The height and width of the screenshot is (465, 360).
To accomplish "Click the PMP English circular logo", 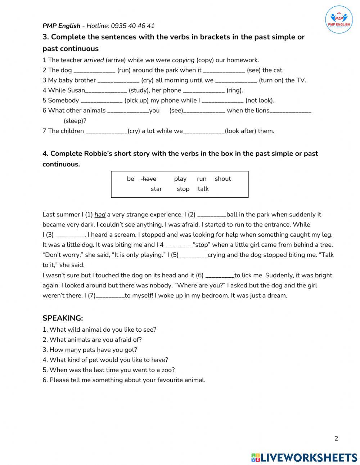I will click(x=339, y=19).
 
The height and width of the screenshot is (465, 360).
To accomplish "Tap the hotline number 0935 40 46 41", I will click(x=132, y=26).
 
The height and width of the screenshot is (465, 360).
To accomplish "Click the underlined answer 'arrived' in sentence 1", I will click(x=94, y=60).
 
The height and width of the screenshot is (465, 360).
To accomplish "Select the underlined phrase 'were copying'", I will click(x=175, y=60).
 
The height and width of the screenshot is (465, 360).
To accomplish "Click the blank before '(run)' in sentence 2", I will click(x=94, y=71).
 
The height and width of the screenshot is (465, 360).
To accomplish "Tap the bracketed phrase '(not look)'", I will click(x=260, y=100).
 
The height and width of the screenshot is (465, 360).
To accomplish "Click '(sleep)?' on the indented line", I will click(x=75, y=121).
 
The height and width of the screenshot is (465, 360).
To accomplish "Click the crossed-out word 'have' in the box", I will click(x=149, y=179).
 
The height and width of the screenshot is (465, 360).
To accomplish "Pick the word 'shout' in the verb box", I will click(x=222, y=179).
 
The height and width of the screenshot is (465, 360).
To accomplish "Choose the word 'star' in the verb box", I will click(x=156, y=189).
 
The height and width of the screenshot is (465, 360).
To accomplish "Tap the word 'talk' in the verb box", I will click(x=203, y=189).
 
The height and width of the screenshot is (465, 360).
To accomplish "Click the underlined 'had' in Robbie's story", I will click(x=100, y=215).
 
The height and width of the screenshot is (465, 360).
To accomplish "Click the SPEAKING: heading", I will click(x=63, y=318).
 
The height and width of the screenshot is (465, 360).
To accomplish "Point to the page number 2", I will click(x=336, y=438).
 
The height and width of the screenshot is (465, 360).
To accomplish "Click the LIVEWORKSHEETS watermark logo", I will click(x=304, y=457).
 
